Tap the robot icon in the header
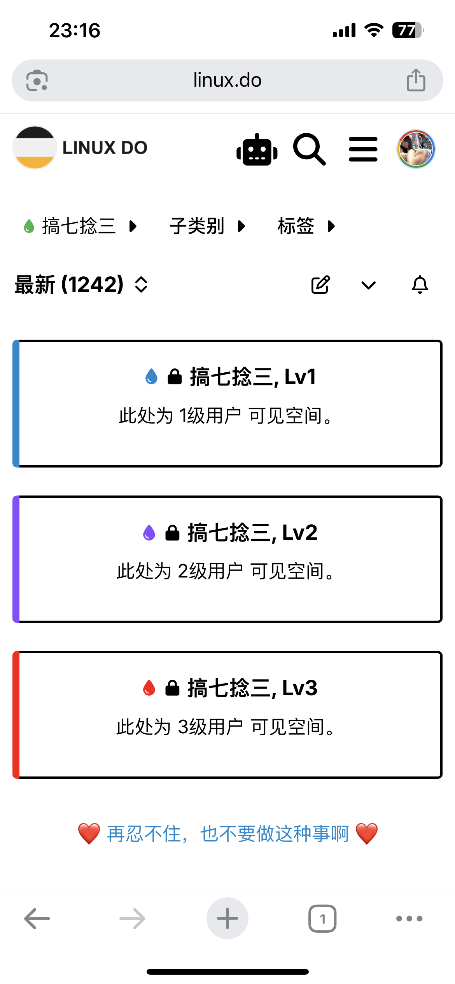click(257, 149)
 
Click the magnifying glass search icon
click(309, 149)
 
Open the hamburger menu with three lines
click(363, 149)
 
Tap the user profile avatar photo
click(416, 149)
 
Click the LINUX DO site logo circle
click(35, 148)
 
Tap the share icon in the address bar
click(416, 80)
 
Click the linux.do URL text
click(227, 80)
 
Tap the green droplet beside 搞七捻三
click(29, 226)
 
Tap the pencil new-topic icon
click(320, 285)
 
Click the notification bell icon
click(420, 285)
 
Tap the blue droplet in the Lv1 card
click(151, 377)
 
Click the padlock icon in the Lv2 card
click(172, 532)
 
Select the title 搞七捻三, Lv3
click(252, 688)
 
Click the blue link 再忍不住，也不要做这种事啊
click(228, 834)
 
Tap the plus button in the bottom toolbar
click(227, 918)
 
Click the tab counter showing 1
click(322, 919)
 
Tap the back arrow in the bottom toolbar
click(37, 919)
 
